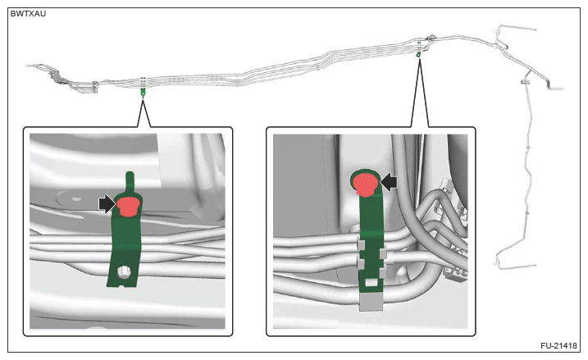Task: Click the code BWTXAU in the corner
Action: click(28, 13)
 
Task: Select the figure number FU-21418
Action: click(558, 345)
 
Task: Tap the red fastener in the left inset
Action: click(128, 207)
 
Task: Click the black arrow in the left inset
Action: click(107, 204)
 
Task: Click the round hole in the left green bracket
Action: click(123, 272)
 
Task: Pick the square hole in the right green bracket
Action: click(371, 282)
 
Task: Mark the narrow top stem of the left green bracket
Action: click(130, 182)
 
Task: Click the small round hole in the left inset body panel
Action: click(76, 198)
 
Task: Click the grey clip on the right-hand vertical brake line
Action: click(525, 81)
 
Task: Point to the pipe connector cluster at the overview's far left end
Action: click(58, 77)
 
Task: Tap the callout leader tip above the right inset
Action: click(419, 58)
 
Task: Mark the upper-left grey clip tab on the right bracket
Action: click(360, 245)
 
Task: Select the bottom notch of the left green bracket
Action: click(122, 286)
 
